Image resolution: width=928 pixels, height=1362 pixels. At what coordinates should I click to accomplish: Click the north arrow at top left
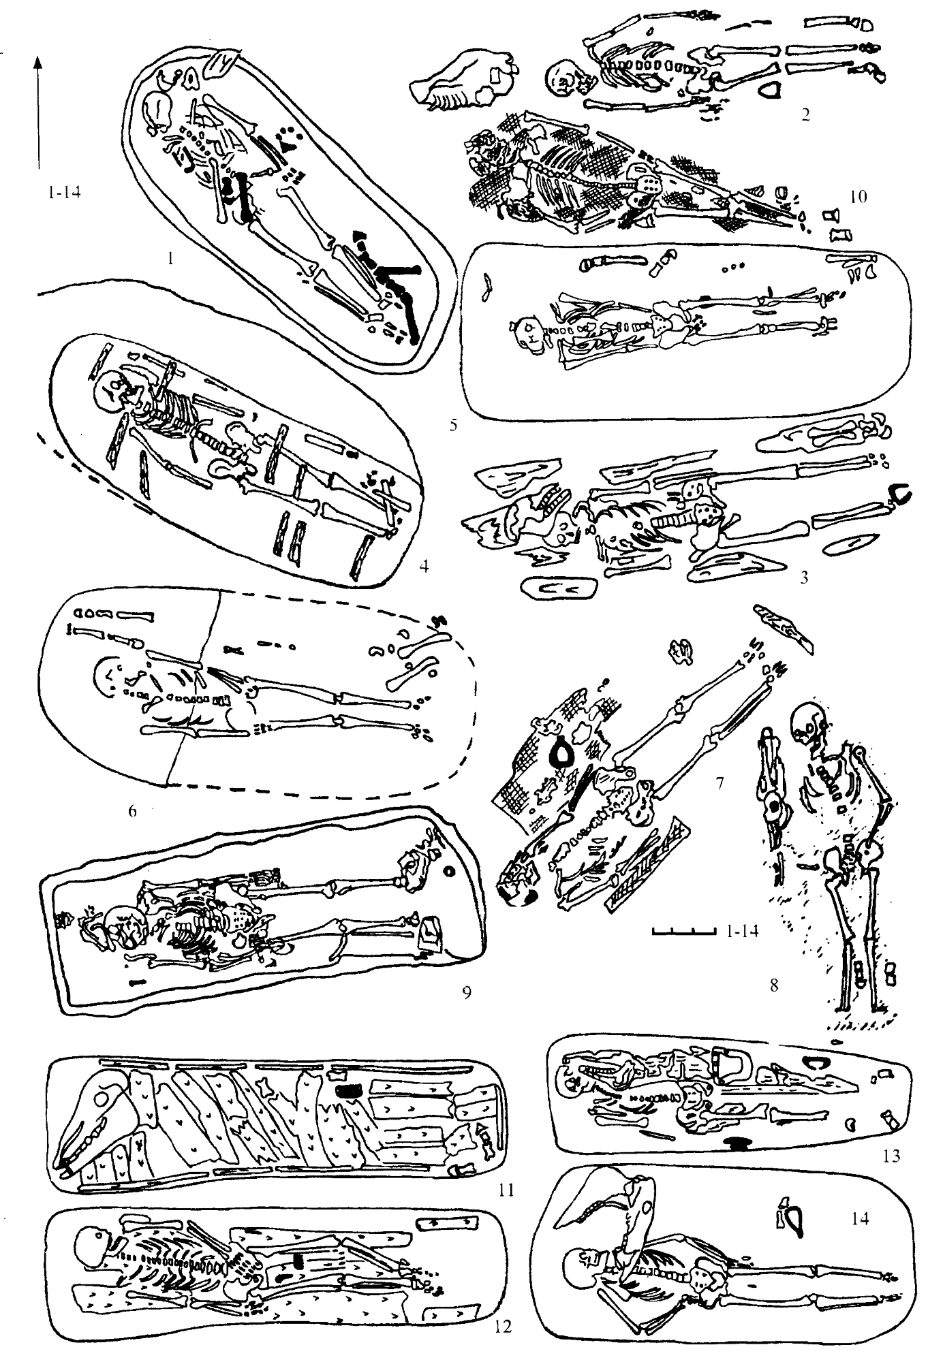click(38, 112)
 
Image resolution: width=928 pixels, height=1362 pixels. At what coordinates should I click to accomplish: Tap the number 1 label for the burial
click(171, 258)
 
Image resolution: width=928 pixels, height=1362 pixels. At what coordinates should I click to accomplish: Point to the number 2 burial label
click(805, 114)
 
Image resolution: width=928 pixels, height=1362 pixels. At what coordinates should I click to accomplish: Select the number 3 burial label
click(804, 578)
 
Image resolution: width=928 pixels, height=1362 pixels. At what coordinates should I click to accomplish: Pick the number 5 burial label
click(453, 426)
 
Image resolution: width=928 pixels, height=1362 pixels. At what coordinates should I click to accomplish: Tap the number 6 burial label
click(132, 810)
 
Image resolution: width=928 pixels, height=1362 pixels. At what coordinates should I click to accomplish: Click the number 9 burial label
click(467, 992)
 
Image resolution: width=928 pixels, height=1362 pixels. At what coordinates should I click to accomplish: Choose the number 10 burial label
click(858, 197)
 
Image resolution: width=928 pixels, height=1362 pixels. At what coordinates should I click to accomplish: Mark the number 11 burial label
click(506, 1190)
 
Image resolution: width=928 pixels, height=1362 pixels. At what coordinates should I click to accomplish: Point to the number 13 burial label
click(891, 1155)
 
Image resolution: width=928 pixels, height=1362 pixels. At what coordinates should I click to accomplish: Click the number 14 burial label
click(861, 1218)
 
